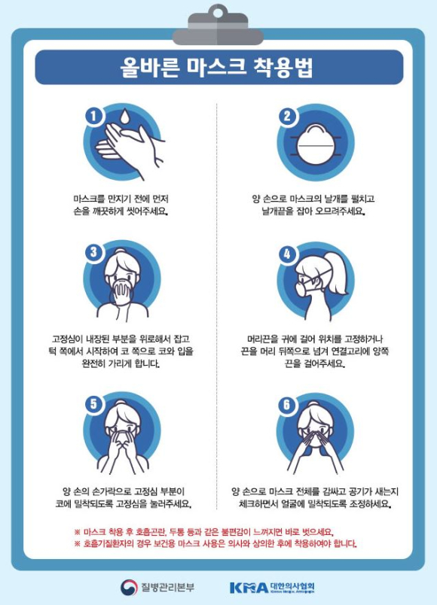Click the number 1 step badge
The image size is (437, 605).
(x=93, y=116)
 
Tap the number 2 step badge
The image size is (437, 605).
(x=288, y=116)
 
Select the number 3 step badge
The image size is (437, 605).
(x=93, y=252)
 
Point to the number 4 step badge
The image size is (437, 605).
(x=288, y=254)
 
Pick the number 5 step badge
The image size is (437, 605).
(x=93, y=404)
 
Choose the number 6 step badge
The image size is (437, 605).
(x=287, y=405)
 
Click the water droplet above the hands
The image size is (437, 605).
(x=124, y=116)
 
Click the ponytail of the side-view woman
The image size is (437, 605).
(x=335, y=273)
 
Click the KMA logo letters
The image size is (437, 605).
(x=249, y=588)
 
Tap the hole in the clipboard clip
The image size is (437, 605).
(x=218, y=13)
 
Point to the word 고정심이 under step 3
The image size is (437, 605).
(x=67, y=339)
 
